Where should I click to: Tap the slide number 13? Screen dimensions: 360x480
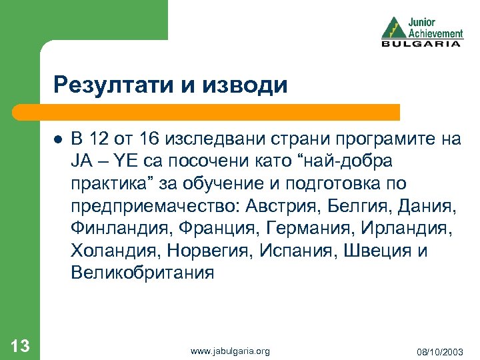click(x=20, y=345)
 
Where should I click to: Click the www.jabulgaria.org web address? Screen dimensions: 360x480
click(x=230, y=350)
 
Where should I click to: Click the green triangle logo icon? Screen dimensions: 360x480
click(x=393, y=27)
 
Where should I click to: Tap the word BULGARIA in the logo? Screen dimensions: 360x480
click(x=421, y=44)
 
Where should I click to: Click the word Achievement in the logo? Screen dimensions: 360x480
click(x=435, y=33)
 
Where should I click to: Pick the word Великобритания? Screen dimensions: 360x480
click(x=143, y=272)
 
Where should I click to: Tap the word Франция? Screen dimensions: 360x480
click(x=214, y=228)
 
